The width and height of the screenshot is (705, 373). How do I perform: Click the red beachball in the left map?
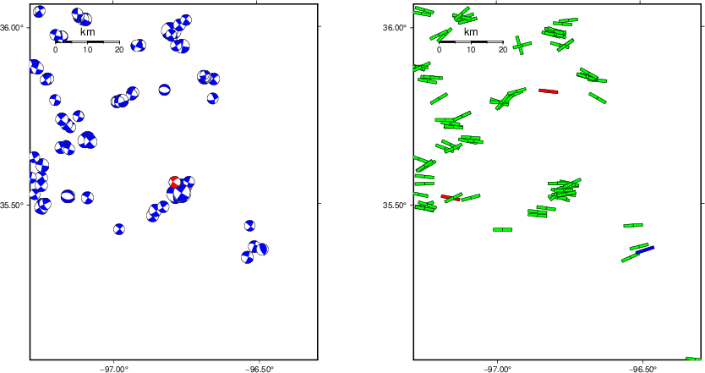coord(175,182)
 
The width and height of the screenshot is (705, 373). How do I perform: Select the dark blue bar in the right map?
coord(645,250)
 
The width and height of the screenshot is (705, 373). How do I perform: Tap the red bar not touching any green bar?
coord(548,91)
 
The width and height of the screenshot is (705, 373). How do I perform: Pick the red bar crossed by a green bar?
coord(450,198)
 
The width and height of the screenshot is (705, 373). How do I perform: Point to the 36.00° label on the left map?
coord(14,27)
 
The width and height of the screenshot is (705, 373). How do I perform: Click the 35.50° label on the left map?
coord(14,205)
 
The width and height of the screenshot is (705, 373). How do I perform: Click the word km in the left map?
coord(87,32)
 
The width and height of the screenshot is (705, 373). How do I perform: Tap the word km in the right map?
coord(471,32)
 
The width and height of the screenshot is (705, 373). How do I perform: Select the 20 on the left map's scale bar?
coord(119,50)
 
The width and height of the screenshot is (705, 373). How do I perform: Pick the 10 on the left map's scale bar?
coord(87,50)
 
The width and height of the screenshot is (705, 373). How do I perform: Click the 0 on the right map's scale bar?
coord(440,50)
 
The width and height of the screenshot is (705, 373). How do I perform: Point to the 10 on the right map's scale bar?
coord(471,50)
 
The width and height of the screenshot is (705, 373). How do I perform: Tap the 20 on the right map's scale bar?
coord(503,50)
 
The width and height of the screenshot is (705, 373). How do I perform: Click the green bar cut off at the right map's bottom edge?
coord(693,359)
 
